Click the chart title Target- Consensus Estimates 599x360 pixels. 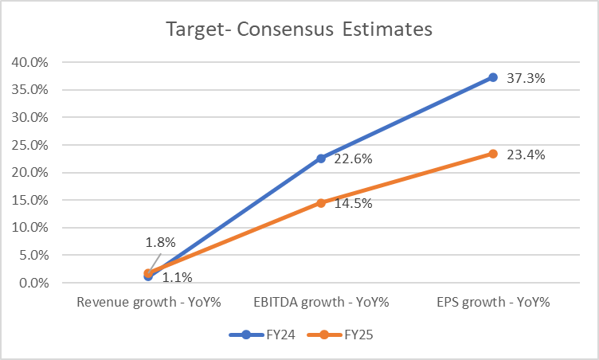pos(299,29)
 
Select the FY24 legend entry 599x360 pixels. pos(262,335)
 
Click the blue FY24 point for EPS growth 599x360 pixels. pos(493,77)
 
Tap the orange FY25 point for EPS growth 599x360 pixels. pos(493,154)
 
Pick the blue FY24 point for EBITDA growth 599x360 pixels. pos(321,158)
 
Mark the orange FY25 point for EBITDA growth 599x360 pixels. pos(321,203)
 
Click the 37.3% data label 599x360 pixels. pos(526,78)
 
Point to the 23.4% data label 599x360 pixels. pos(526,155)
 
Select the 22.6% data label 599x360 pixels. pos(353,159)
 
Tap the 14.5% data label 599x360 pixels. pos(353,203)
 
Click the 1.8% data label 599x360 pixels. pos(159,242)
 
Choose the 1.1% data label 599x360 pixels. pos(176,277)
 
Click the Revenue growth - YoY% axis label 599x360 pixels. pos(148,303)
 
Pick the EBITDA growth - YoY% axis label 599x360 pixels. pos(320,303)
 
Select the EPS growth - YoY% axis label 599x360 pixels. pos(493,303)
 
